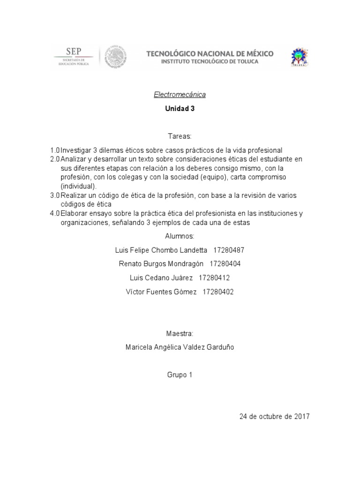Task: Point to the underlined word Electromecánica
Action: click(x=180, y=95)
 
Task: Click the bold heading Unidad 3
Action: click(x=180, y=108)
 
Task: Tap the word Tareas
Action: click(x=180, y=136)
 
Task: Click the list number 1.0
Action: click(x=55, y=150)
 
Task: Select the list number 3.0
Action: click(x=55, y=195)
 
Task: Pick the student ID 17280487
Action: click(x=229, y=250)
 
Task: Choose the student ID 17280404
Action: click(x=225, y=264)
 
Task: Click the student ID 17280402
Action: click(x=218, y=292)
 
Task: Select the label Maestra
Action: click(x=180, y=333)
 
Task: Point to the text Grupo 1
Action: click(x=180, y=375)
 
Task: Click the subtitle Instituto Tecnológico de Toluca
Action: click(x=210, y=61)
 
